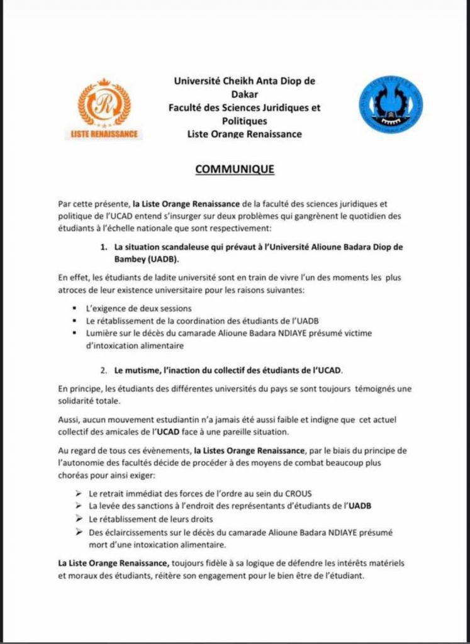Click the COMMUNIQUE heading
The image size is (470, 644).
[x=235, y=169]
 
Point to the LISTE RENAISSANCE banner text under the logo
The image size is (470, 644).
[x=104, y=134]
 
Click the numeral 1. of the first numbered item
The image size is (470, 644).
[x=104, y=247]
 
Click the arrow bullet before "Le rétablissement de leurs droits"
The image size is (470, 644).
[x=79, y=519]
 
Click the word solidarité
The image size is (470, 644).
[x=76, y=401]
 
